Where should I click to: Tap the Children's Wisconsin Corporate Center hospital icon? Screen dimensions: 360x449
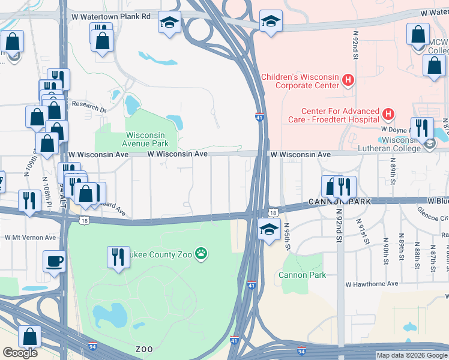point(347,80)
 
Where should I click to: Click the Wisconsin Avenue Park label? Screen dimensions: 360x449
point(145,139)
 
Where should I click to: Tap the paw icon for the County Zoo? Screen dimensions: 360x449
point(201,254)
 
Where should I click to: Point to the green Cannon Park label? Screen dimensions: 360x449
point(302,275)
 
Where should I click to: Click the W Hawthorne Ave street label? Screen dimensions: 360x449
point(372,284)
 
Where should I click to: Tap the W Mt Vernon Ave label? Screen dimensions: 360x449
point(30,238)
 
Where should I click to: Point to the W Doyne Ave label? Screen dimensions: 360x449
point(394,128)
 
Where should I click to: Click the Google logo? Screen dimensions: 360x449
point(20,353)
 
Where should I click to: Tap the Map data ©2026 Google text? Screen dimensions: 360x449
point(411,355)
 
